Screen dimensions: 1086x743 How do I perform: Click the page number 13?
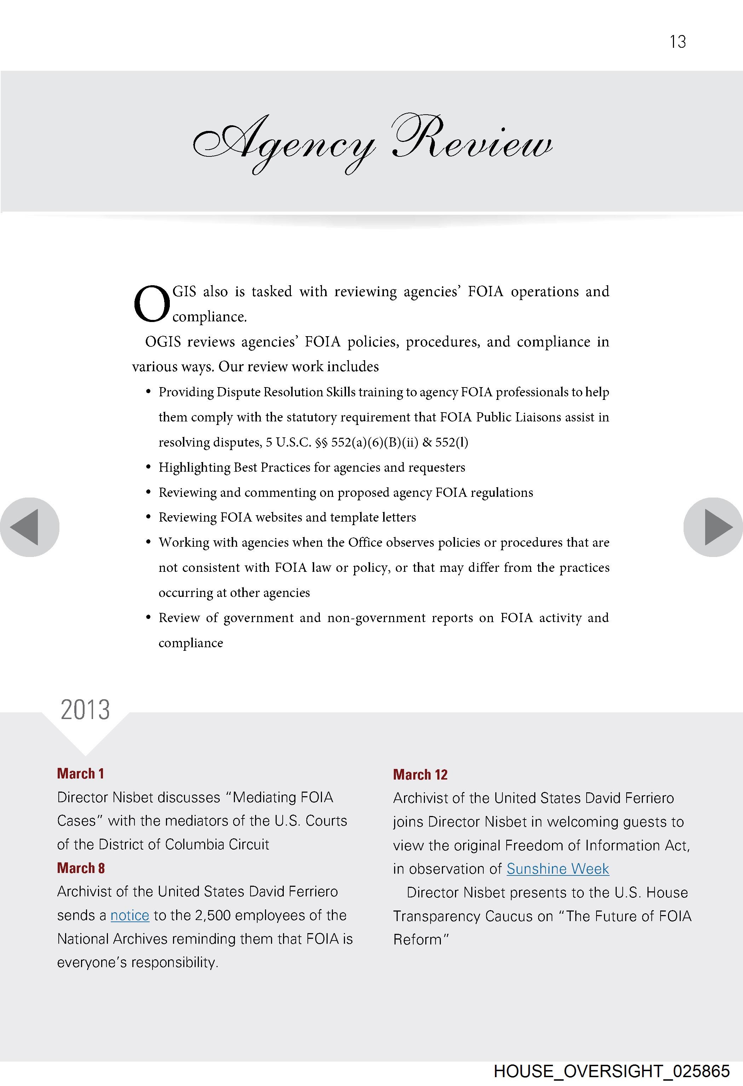point(678,42)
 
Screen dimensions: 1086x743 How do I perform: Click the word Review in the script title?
point(472,140)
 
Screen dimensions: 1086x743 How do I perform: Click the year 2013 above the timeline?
point(85,709)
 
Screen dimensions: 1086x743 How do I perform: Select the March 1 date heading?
point(80,774)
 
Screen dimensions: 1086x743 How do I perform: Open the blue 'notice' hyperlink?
point(130,915)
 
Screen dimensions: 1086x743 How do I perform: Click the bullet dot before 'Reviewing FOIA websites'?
point(148,517)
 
